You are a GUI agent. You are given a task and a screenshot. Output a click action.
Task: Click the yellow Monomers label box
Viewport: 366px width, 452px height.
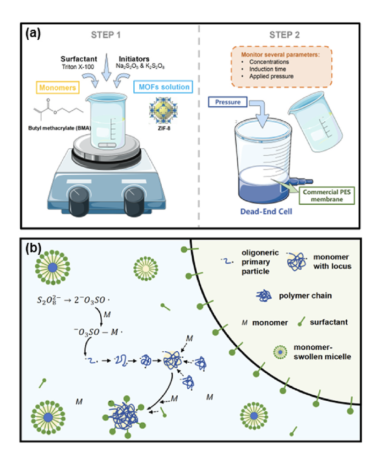[x=58, y=87]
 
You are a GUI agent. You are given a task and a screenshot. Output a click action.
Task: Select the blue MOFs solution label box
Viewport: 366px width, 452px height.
[x=163, y=87]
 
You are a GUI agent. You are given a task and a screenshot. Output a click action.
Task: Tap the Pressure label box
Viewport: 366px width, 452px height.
[x=228, y=102]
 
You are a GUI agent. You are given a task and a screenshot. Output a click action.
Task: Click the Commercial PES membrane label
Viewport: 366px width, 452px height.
[x=327, y=196]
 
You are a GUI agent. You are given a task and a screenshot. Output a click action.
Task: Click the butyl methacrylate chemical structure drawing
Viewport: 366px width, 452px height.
[x=58, y=109]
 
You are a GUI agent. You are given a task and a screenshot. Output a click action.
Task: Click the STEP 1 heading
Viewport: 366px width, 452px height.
[x=105, y=35]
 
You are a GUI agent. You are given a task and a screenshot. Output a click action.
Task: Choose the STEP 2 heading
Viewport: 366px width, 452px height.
[x=284, y=35]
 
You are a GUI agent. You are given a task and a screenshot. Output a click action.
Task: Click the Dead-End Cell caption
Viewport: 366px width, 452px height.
[x=266, y=212]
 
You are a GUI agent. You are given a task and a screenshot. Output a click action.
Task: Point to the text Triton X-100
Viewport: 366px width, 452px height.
[x=78, y=66]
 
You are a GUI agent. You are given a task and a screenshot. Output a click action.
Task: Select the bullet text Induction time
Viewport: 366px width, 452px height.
[x=268, y=69]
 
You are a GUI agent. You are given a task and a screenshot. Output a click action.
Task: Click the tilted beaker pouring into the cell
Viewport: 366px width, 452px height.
[x=315, y=122]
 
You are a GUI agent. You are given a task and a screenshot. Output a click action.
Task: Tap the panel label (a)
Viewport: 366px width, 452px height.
[x=33, y=34]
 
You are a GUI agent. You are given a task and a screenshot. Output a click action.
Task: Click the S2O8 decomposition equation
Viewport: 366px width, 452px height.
[x=73, y=300]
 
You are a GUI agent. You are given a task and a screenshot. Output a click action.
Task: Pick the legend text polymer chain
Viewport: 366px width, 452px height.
[x=305, y=296]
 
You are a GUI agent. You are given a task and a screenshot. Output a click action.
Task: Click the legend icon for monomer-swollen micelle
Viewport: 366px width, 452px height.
[x=280, y=352]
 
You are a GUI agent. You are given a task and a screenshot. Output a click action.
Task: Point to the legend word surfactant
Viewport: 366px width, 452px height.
[x=329, y=322]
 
